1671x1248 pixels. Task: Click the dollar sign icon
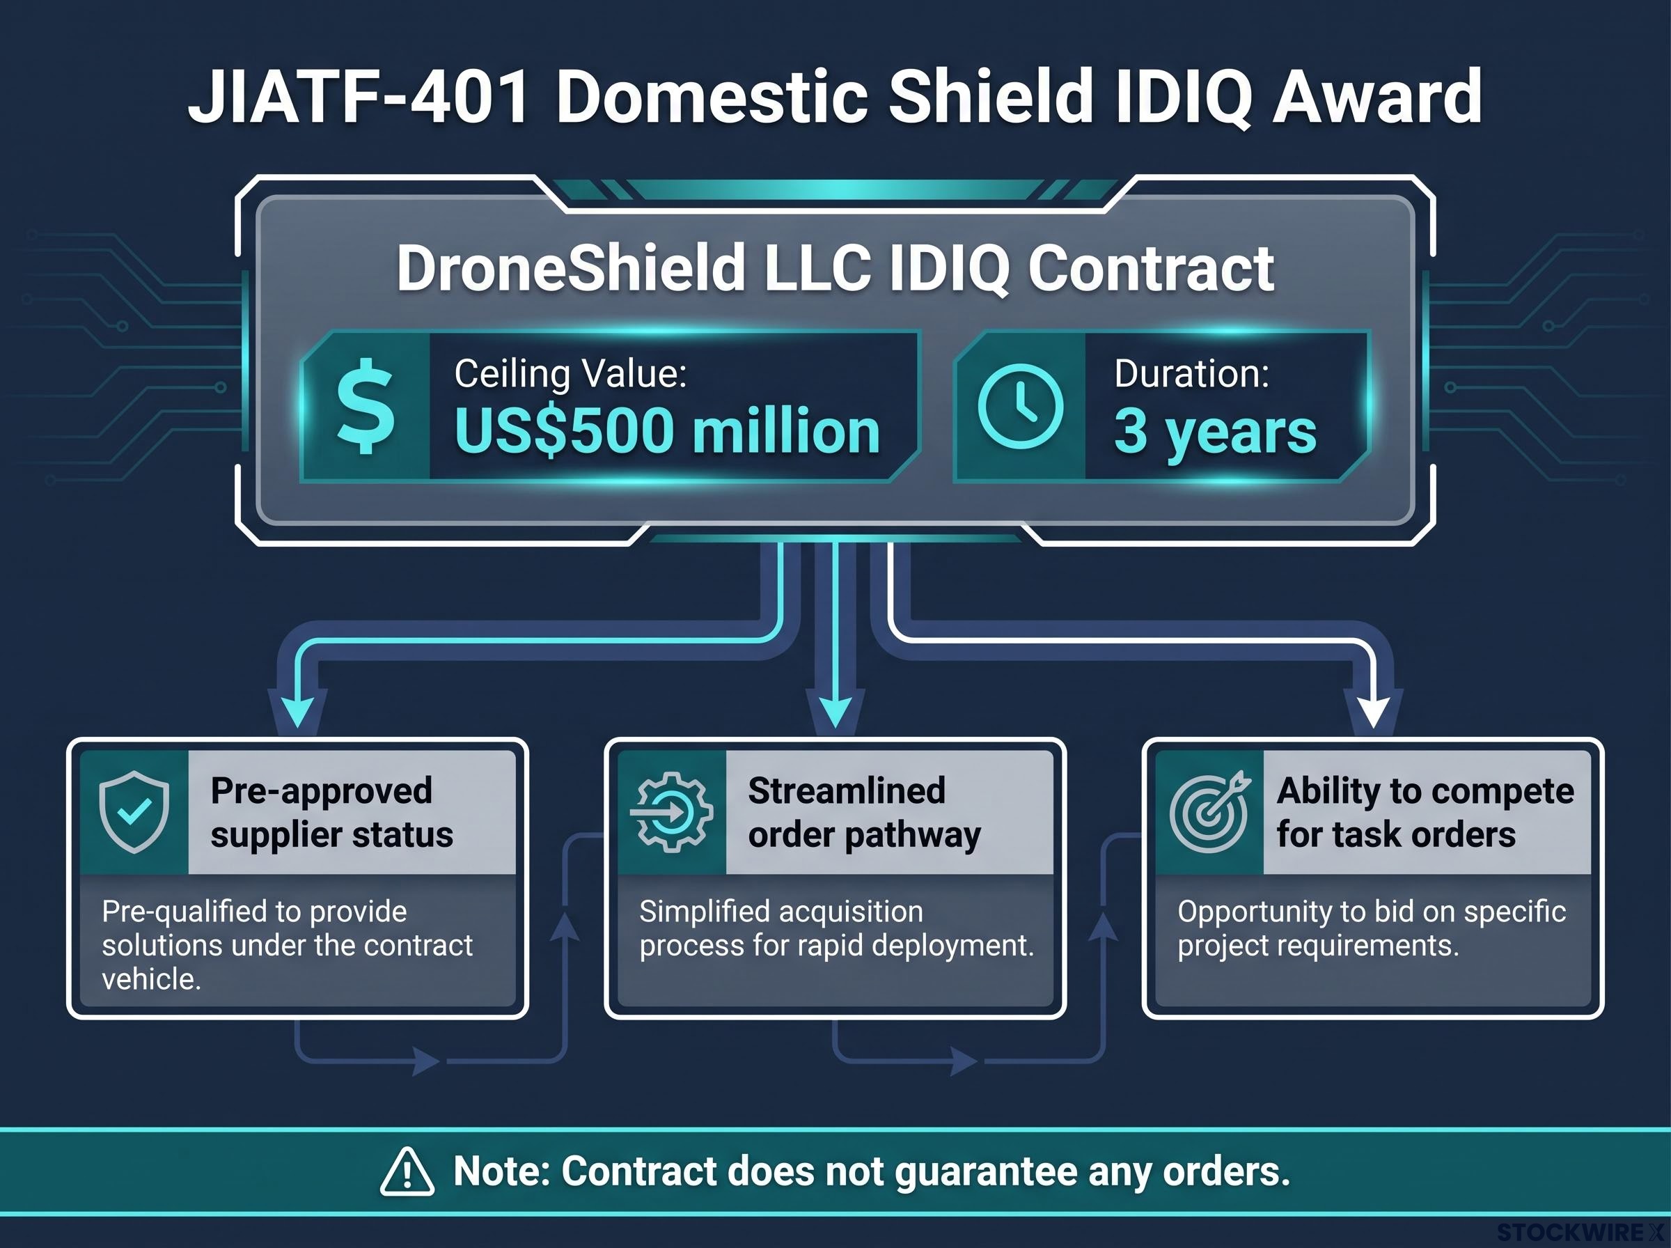tap(366, 407)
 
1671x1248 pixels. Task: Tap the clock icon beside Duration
tap(1020, 407)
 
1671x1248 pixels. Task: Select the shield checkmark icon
tap(134, 812)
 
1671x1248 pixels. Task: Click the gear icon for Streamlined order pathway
tap(670, 812)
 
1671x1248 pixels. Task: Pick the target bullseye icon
tap(1209, 812)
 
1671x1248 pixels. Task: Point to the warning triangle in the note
tap(407, 1171)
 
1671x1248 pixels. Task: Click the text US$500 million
tap(667, 430)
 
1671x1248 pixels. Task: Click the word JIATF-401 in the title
tap(358, 97)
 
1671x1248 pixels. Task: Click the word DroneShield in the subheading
tap(571, 267)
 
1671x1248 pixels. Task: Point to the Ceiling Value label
tap(570, 373)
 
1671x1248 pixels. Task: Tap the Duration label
tap(1191, 373)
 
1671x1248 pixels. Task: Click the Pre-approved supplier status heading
tap(331, 813)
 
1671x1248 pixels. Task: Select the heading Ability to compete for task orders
tap(1425, 813)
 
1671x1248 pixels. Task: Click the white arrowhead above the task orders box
tap(1374, 712)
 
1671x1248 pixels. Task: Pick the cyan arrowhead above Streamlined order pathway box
tap(834, 712)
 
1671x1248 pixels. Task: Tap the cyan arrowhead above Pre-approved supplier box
tap(297, 712)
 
